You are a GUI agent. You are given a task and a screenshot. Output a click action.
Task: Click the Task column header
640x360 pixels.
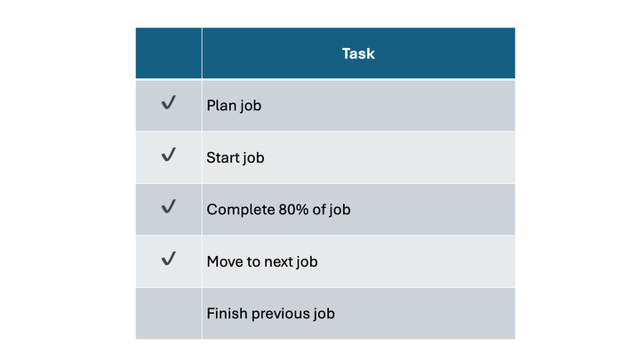(358, 53)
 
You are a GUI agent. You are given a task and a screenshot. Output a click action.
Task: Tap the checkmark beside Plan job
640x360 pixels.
(168, 104)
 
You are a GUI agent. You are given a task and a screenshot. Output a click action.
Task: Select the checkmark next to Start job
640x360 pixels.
(168, 156)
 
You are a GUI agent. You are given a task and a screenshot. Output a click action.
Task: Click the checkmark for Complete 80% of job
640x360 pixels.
(168, 207)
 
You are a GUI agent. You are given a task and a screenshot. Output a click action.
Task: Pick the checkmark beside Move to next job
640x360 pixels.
(168, 259)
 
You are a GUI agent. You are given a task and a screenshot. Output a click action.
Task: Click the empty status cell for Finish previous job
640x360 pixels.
(168, 313)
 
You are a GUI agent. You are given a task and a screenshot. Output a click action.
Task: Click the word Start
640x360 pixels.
(223, 158)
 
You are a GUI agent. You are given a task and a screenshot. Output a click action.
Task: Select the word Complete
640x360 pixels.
(237, 210)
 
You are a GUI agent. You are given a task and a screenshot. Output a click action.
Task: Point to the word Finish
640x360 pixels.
(227, 313)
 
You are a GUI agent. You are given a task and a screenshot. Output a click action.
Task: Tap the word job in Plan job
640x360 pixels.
(251, 106)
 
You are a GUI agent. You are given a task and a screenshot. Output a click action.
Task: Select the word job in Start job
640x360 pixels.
(254, 158)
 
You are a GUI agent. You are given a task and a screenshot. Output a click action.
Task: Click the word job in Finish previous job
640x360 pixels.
(324, 313)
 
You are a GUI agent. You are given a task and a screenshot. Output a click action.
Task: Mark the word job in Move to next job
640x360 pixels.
(307, 261)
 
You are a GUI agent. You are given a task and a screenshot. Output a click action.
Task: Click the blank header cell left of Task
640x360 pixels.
(168, 53)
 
